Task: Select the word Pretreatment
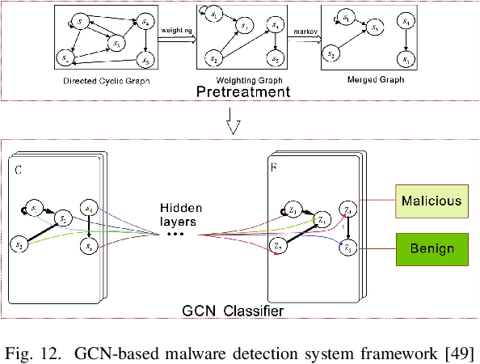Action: pos(242,93)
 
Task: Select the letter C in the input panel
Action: pos(19,170)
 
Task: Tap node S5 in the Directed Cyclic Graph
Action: pos(145,60)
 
